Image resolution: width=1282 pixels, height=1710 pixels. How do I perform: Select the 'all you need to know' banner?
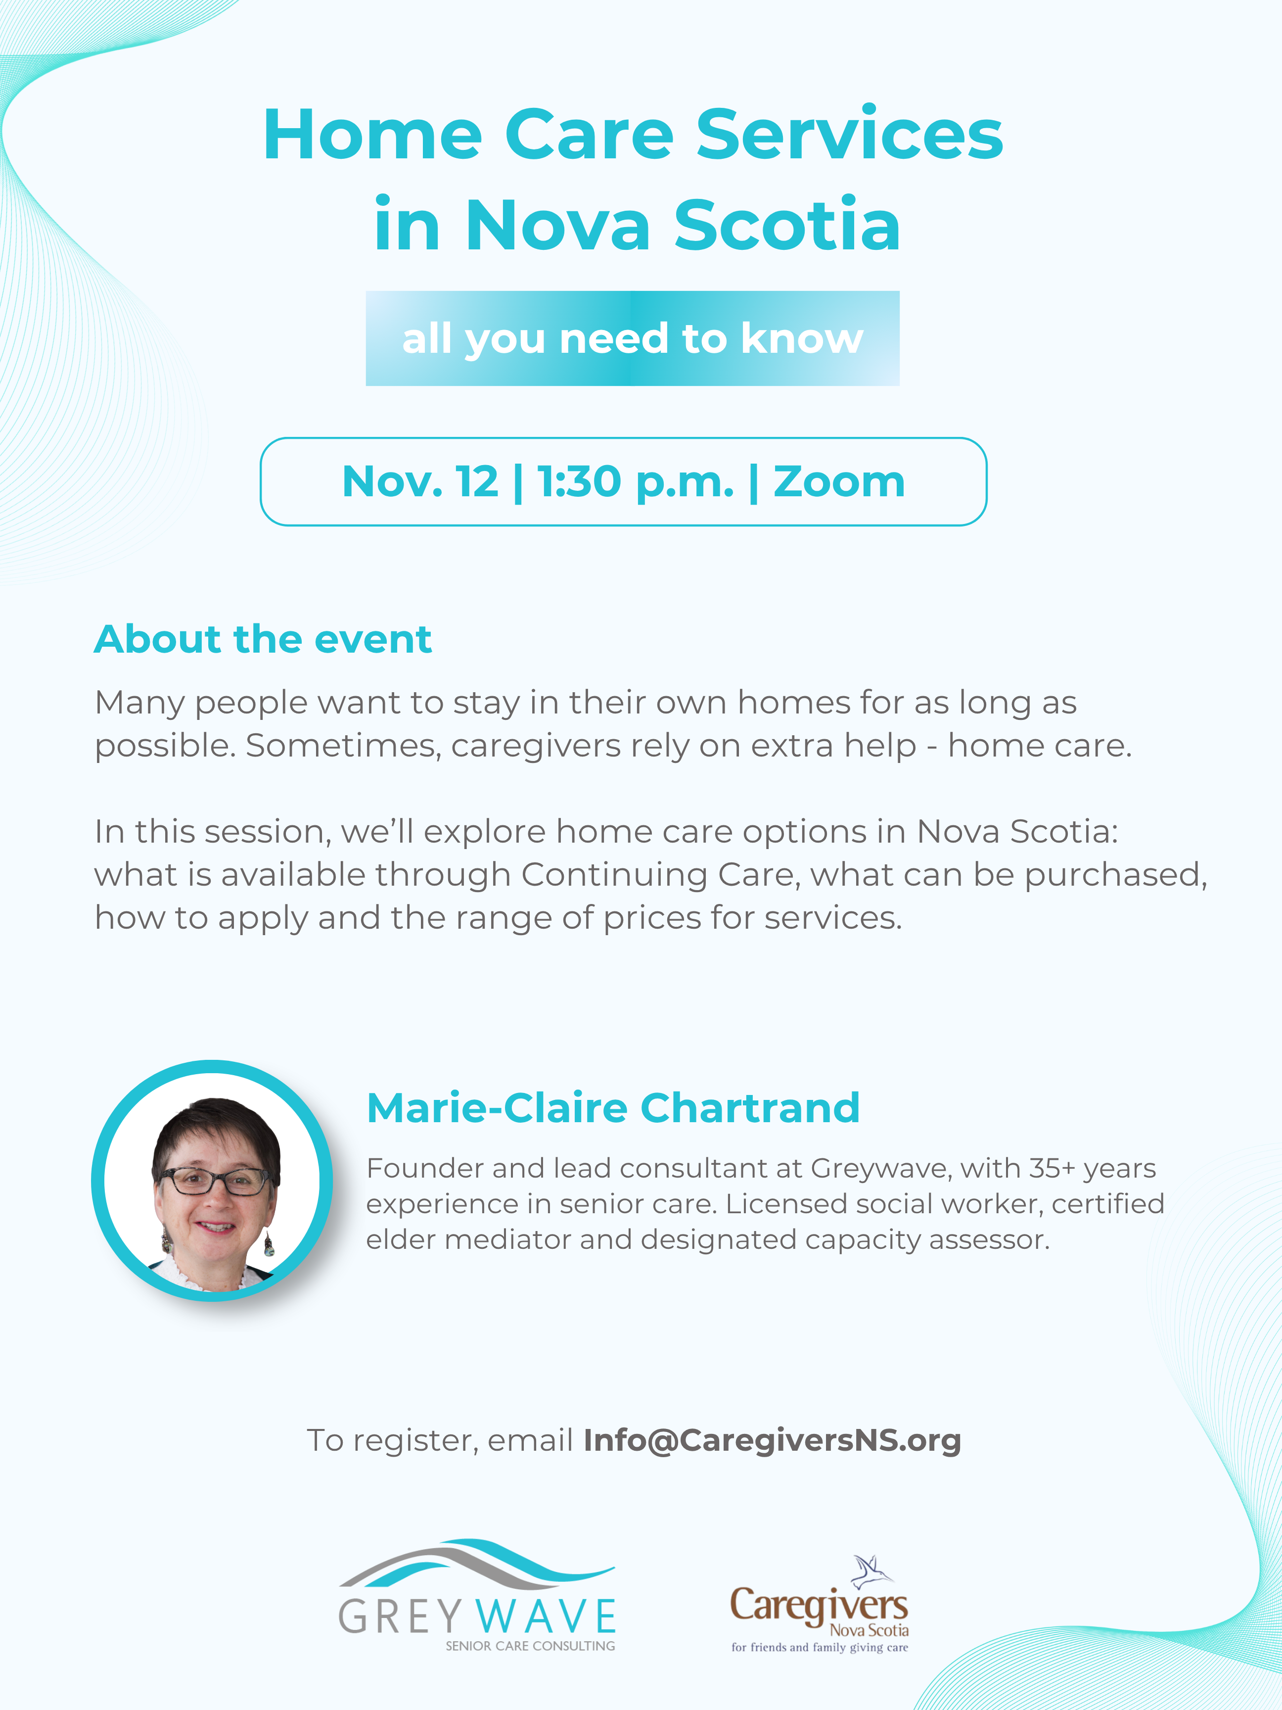tap(632, 338)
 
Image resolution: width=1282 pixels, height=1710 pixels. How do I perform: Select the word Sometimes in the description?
tap(343, 746)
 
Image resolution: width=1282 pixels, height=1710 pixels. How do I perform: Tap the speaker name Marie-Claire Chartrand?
tap(613, 1108)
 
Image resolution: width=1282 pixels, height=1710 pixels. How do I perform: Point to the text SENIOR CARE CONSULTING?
tap(530, 1646)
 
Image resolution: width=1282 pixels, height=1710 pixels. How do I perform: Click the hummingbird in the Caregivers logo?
tap(871, 1571)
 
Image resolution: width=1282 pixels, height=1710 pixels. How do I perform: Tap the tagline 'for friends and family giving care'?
tap(820, 1647)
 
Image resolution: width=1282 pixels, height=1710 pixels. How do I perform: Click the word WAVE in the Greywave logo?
tap(546, 1616)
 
